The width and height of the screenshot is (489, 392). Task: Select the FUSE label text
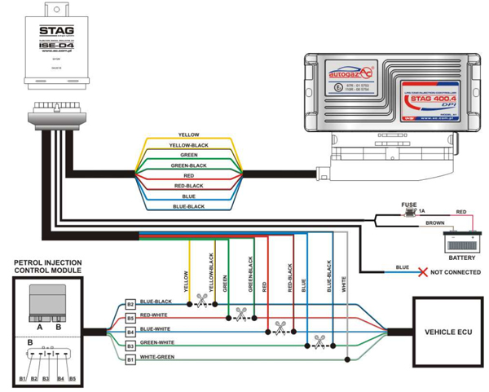pyautogui.click(x=409, y=205)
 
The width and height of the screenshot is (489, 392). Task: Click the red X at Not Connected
pyautogui.click(x=421, y=271)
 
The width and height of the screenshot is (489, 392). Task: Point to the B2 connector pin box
pyautogui.click(x=130, y=304)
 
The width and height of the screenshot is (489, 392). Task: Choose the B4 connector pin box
pyautogui.click(x=130, y=332)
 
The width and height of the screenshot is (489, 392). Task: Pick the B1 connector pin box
pyautogui.click(x=130, y=359)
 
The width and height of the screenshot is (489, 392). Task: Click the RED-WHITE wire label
pyautogui.click(x=154, y=315)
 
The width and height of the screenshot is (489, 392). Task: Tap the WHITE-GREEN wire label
pyautogui.click(x=157, y=357)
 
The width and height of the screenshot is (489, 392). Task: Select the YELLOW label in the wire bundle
pyautogui.click(x=188, y=134)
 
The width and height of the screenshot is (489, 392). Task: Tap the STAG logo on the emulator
pyautogui.click(x=58, y=33)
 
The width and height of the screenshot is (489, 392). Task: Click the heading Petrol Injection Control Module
pyautogui.click(x=47, y=266)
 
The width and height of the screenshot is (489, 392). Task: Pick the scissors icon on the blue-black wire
pyautogui.click(x=201, y=304)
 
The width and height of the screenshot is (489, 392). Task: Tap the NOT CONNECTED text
pyautogui.click(x=455, y=271)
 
